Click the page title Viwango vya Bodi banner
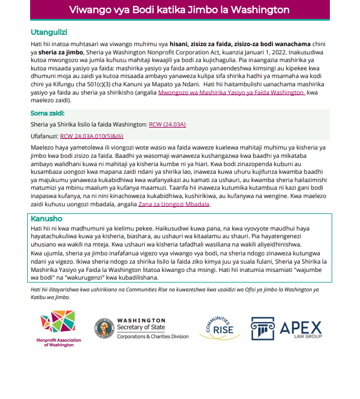[x=179, y=10]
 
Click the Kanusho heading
[x=46, y=218]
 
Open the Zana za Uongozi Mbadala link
[x=174, y=205]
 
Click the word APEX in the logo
[x=301, y=326]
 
